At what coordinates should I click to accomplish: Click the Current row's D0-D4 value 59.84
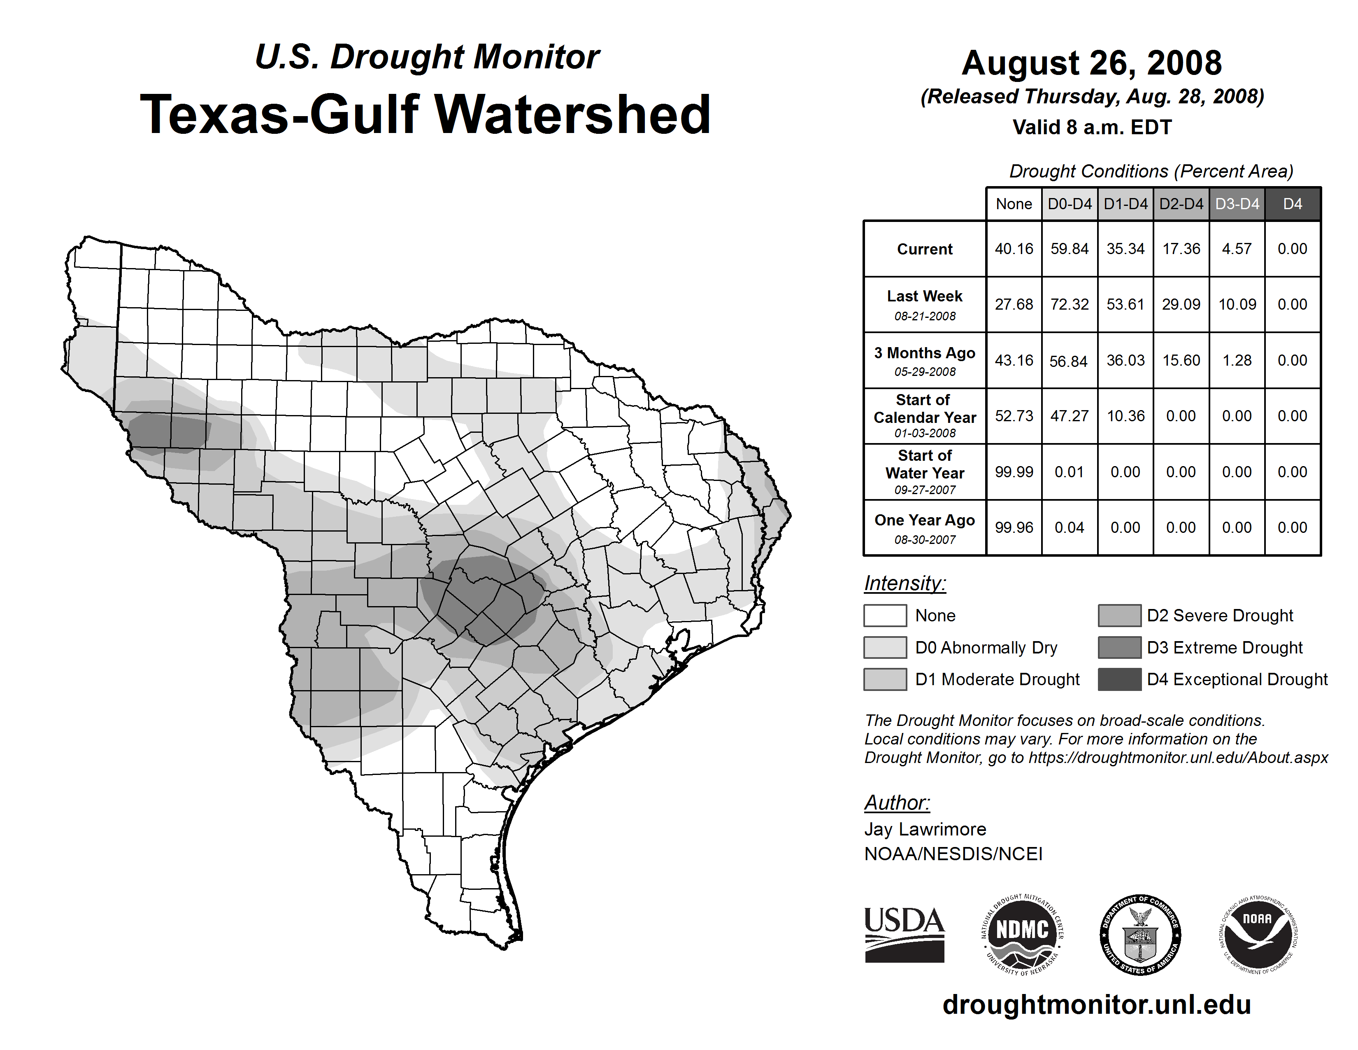click(x=1070, y=249)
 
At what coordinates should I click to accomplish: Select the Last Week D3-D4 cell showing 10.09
click(x=1237, y=304)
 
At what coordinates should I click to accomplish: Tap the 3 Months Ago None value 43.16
click(x=1014, y=360)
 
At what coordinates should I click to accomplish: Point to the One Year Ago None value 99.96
click(x=1014, y=527)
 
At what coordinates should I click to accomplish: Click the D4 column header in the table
click(x=1292, y=204)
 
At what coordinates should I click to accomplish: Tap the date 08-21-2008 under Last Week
click(x=925, y=316)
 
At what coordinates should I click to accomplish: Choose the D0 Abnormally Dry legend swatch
click(x=885, y=648)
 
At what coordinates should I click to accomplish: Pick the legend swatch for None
click(x=885, y=615)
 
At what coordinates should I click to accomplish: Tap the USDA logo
click(x=904, y=934)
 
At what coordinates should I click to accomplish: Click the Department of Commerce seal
click(x=1140, y=934)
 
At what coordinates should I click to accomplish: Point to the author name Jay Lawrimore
click(x=925, y=829)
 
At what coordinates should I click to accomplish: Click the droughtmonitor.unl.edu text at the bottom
click(x=1096, y=1005)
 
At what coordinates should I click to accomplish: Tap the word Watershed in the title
click(x=572, y=114)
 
